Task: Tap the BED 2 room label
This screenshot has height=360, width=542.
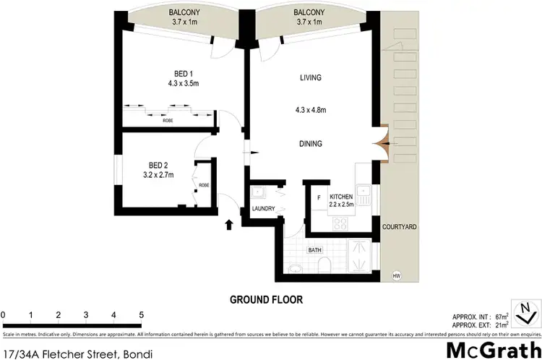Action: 158,164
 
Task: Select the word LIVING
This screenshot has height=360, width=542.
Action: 310,77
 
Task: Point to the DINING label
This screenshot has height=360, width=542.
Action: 310,144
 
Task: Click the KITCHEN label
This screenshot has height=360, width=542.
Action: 341,197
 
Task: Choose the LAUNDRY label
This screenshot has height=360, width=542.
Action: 263,209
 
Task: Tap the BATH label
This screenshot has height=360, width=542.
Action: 314,250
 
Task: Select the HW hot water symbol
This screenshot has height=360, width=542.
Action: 396,275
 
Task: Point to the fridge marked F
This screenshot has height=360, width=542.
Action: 318,197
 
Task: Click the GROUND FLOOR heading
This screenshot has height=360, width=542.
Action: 265,299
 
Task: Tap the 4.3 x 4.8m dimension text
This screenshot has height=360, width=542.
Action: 311,110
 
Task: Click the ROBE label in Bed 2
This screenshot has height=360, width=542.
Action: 205,185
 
